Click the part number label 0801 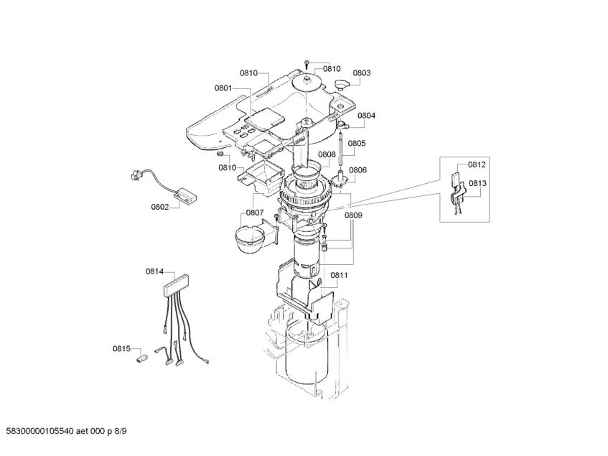(x=223, y=88)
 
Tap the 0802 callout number (x=160, y=207)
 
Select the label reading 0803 (x=362, y=73)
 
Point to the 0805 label (x=357, y=144)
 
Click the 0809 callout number (x=353, y=215)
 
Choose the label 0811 (x=340, y=275)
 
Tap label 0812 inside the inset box (x=477, y=164)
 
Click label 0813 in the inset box (x=477, y=183)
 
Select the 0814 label (x=155, y=271)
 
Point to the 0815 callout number (x=122, y=349)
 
